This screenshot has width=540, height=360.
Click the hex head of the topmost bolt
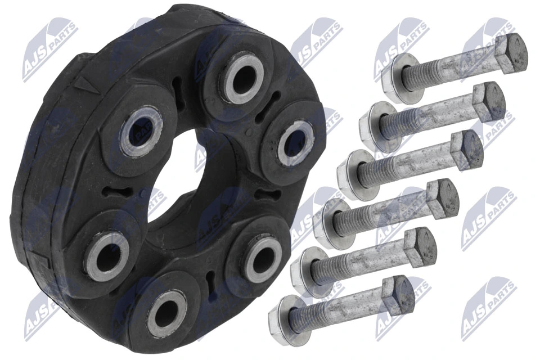510,53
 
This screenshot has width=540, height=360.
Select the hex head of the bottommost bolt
398,295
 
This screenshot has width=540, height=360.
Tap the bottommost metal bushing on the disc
166,309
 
